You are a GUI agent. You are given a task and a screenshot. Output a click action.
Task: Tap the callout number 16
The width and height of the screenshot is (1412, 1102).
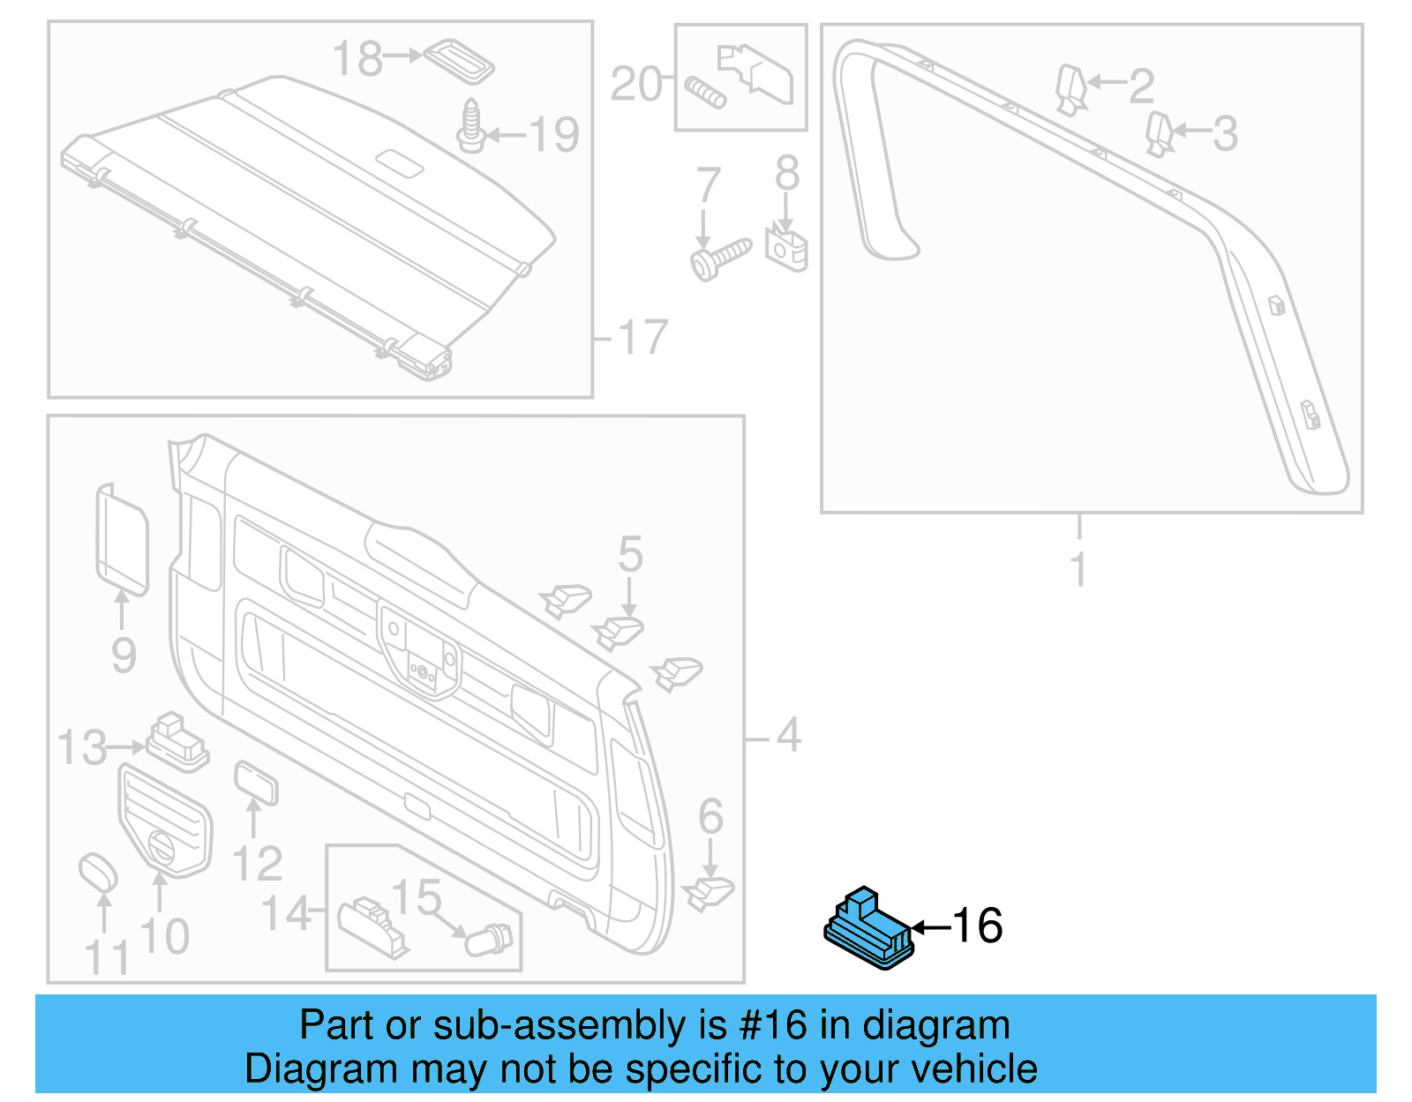(978, 926)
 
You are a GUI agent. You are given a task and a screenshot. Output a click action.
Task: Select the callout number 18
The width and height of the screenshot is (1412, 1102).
(357, 59)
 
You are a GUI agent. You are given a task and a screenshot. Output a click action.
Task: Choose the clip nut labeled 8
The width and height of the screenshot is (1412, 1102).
(786, 247)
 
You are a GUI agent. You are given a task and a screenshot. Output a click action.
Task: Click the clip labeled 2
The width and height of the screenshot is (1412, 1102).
(1070, 88)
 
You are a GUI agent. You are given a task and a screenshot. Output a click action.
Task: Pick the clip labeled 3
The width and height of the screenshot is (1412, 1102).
(1158, 133)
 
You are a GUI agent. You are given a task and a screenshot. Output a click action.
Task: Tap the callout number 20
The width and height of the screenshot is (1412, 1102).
(635, 85)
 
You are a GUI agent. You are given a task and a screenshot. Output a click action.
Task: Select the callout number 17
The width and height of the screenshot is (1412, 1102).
(642, 338)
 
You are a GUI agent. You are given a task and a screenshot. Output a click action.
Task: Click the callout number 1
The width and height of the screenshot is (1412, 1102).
(1078, 569)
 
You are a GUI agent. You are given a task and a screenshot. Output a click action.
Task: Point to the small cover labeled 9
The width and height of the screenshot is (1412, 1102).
(121, 536)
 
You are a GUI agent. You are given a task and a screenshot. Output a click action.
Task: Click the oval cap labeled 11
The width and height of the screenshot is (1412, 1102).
(98, 873)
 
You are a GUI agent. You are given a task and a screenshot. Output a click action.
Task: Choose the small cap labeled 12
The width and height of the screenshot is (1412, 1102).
(256, 783)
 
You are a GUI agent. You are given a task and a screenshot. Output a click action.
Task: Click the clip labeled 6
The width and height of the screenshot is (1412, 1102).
(709, 892)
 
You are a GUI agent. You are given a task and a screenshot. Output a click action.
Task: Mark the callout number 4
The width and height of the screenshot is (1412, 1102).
(788, 736)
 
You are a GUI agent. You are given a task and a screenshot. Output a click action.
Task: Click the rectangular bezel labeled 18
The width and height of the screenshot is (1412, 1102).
(459, 59)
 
